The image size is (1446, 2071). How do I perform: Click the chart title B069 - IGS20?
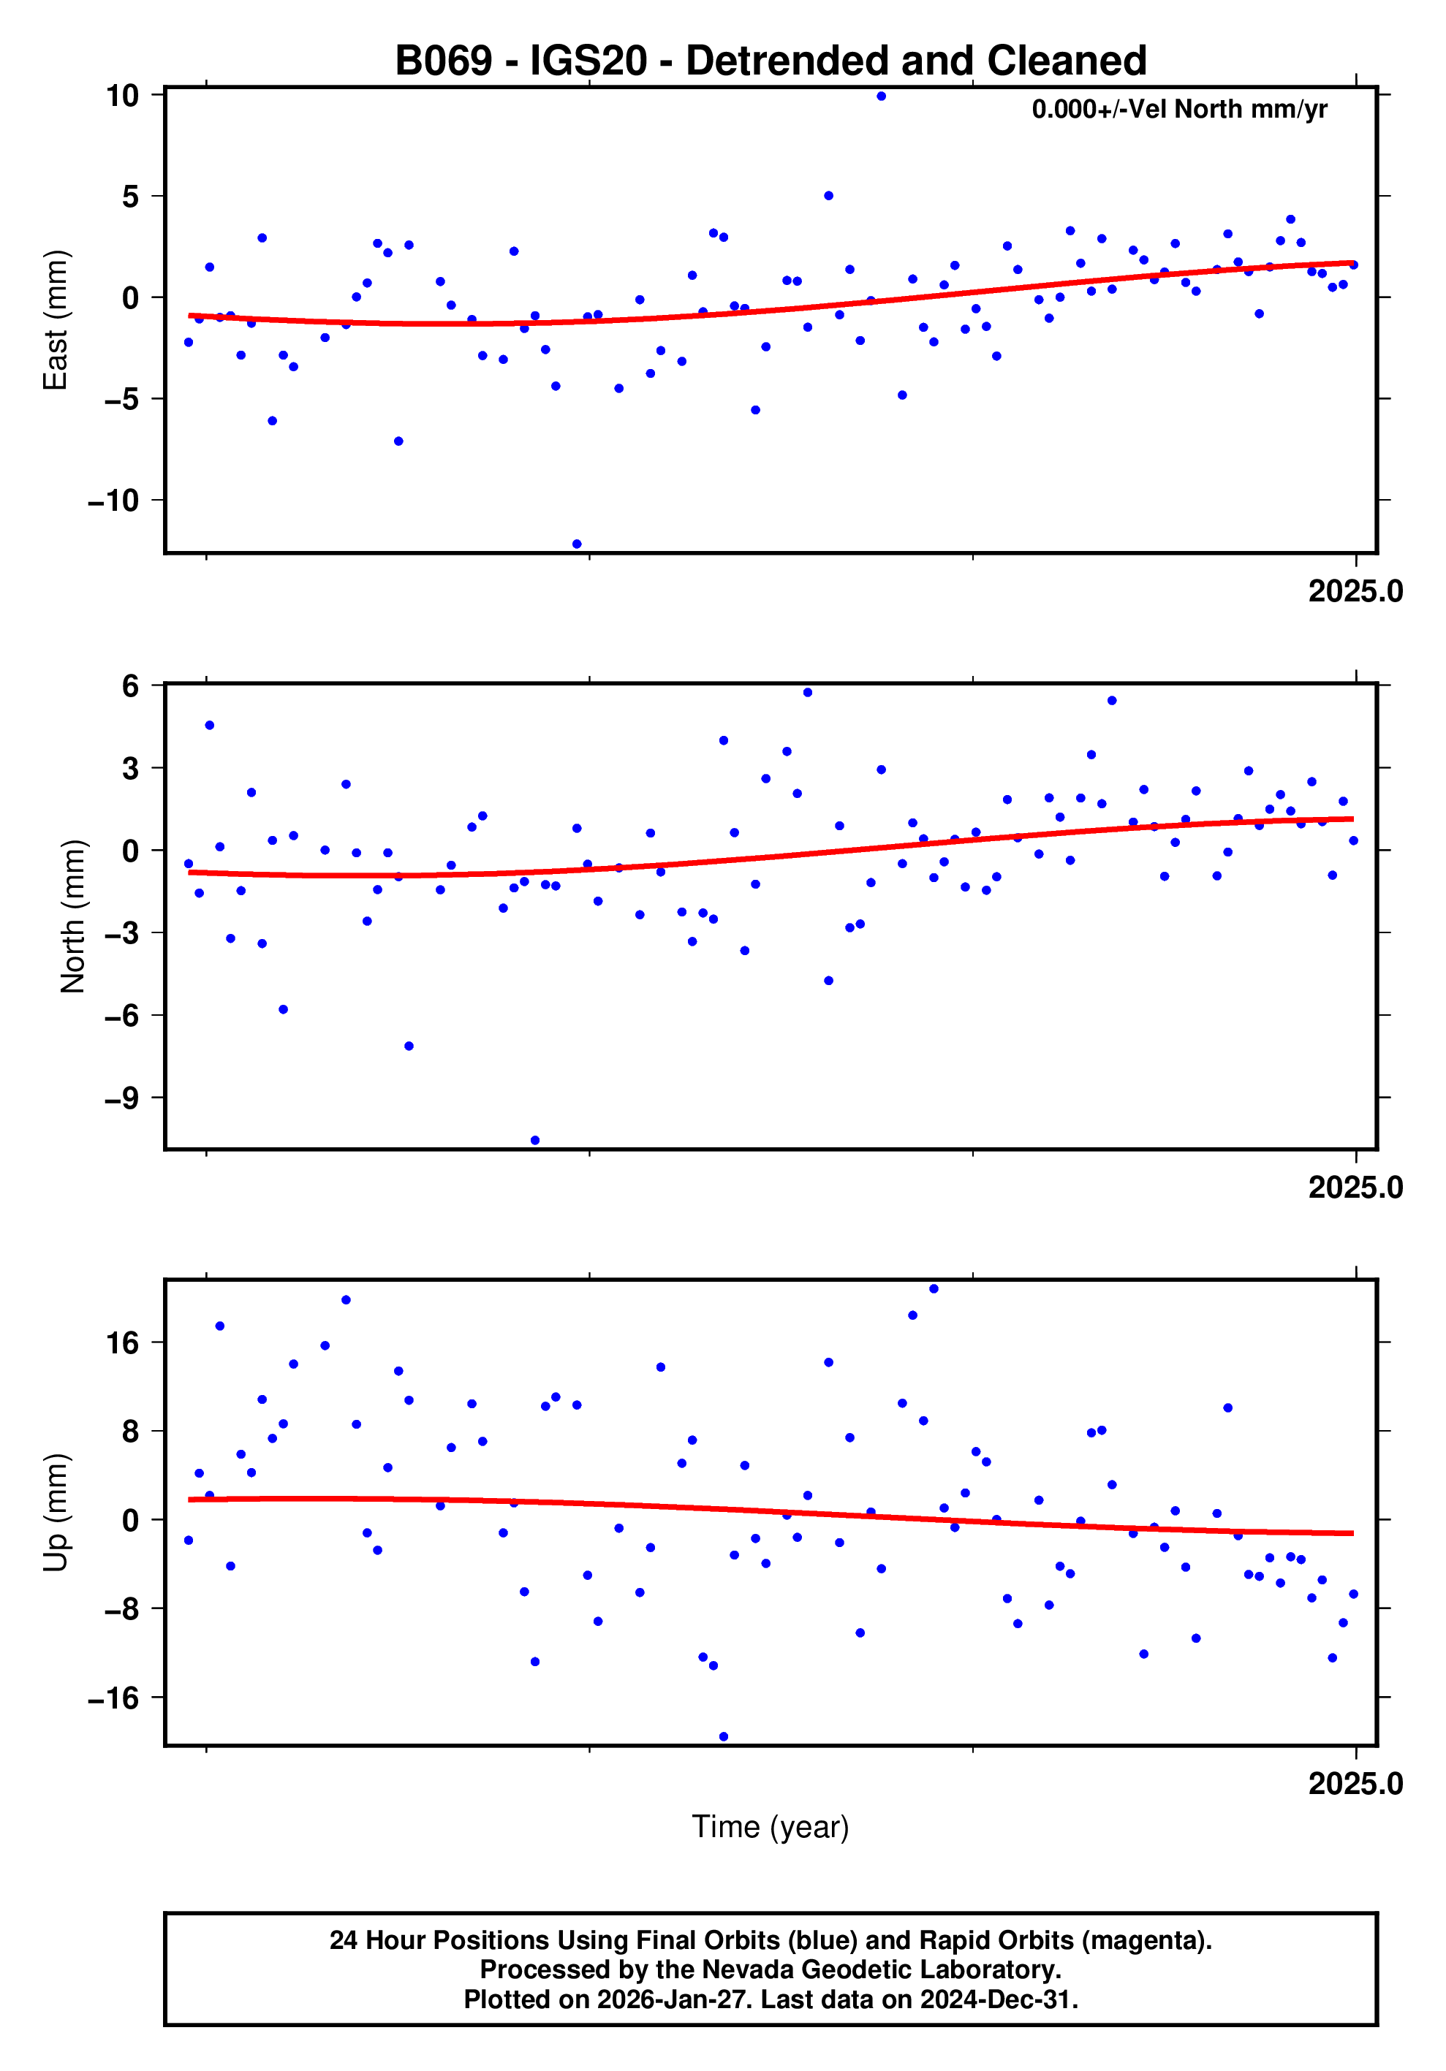point(771,61)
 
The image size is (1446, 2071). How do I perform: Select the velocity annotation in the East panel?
point(1179,110)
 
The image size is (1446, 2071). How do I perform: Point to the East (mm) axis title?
point(56,320)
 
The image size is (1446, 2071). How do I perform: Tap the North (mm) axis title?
point(72,916)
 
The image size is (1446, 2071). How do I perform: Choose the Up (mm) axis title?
point(56,1513)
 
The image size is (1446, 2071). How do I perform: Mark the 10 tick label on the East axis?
point(123,96)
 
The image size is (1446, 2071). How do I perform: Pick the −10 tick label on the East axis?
point(113,501)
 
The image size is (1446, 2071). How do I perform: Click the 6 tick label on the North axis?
point(131,685)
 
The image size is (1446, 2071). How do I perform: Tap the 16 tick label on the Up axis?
point(123,1343)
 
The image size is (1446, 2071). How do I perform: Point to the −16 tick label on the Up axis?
point(113,1698)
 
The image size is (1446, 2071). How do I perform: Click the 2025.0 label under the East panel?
point(1355,592)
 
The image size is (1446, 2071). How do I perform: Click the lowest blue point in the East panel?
point(576,544)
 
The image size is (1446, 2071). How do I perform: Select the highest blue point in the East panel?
point(880,96)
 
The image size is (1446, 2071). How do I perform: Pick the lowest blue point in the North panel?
point(535,1141)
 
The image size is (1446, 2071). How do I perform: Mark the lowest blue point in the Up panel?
point(724,1736)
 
